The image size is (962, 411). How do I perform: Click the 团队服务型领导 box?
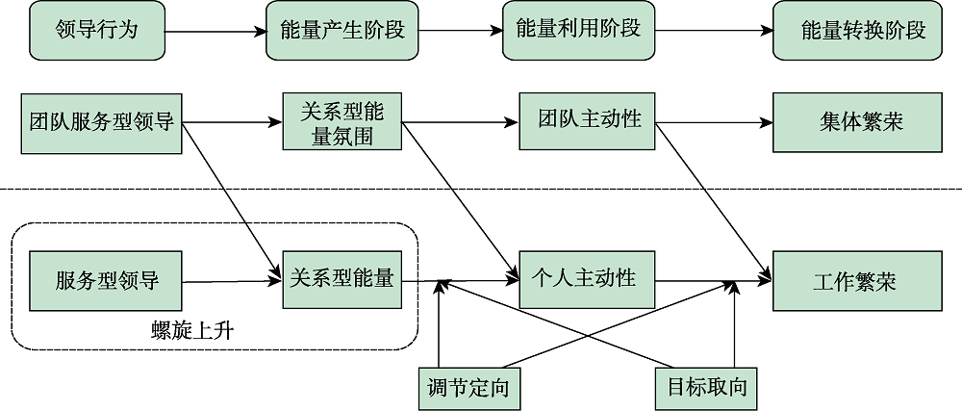pyautogui.click(x=101, y=123)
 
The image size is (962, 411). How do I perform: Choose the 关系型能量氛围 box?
pyautogui.click(x=342, y=122)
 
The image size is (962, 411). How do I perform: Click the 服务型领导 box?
pyautogui.click(x=107, y=281)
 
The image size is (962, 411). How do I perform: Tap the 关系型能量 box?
pyautogui.click(x=342, y=280)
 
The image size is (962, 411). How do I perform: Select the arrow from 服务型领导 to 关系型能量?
pyautogui.click(x=231, y=281)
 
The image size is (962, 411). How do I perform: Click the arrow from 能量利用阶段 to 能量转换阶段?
pyautogui.click(x=712, y=31)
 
